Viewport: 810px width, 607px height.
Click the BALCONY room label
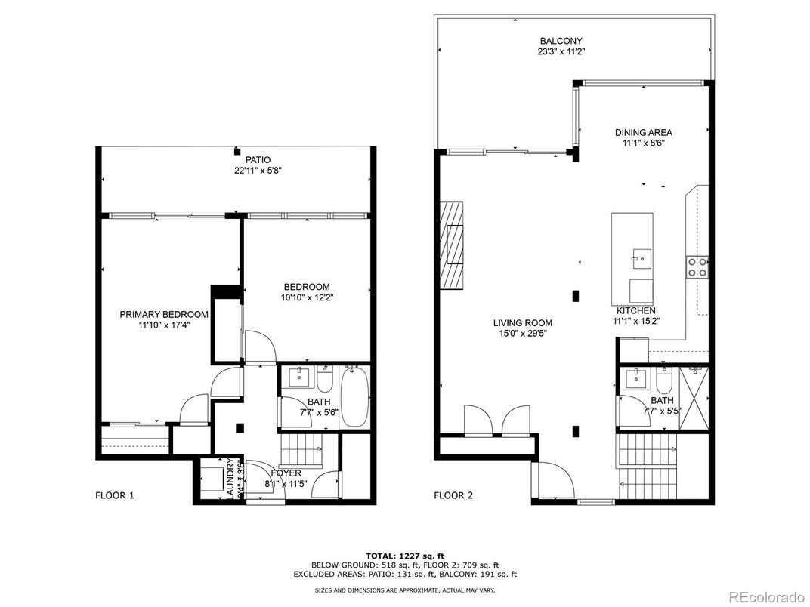click(561, 41)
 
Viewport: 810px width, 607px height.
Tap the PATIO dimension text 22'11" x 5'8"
click(258, 171)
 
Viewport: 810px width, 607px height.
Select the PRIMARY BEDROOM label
click(164, 314)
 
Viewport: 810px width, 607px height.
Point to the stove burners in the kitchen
click(696, 267)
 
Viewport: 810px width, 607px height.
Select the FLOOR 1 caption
click(115, 496)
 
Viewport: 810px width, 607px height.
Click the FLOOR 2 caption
click(453, 496)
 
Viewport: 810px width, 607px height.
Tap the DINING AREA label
click(642, 132)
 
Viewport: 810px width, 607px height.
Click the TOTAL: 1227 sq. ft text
click(404, 555)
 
